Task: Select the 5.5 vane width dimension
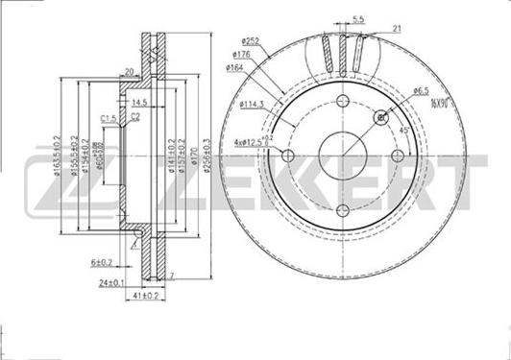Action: click(357, 18)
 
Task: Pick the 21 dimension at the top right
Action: click(397, 31)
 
